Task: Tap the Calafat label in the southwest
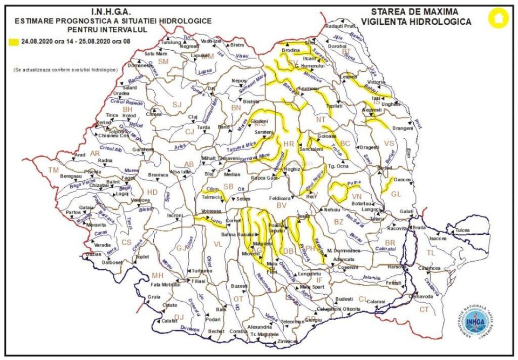(x=169, y=321)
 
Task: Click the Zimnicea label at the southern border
(x=287, y=342)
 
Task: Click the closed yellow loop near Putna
(x=339, y=190)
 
